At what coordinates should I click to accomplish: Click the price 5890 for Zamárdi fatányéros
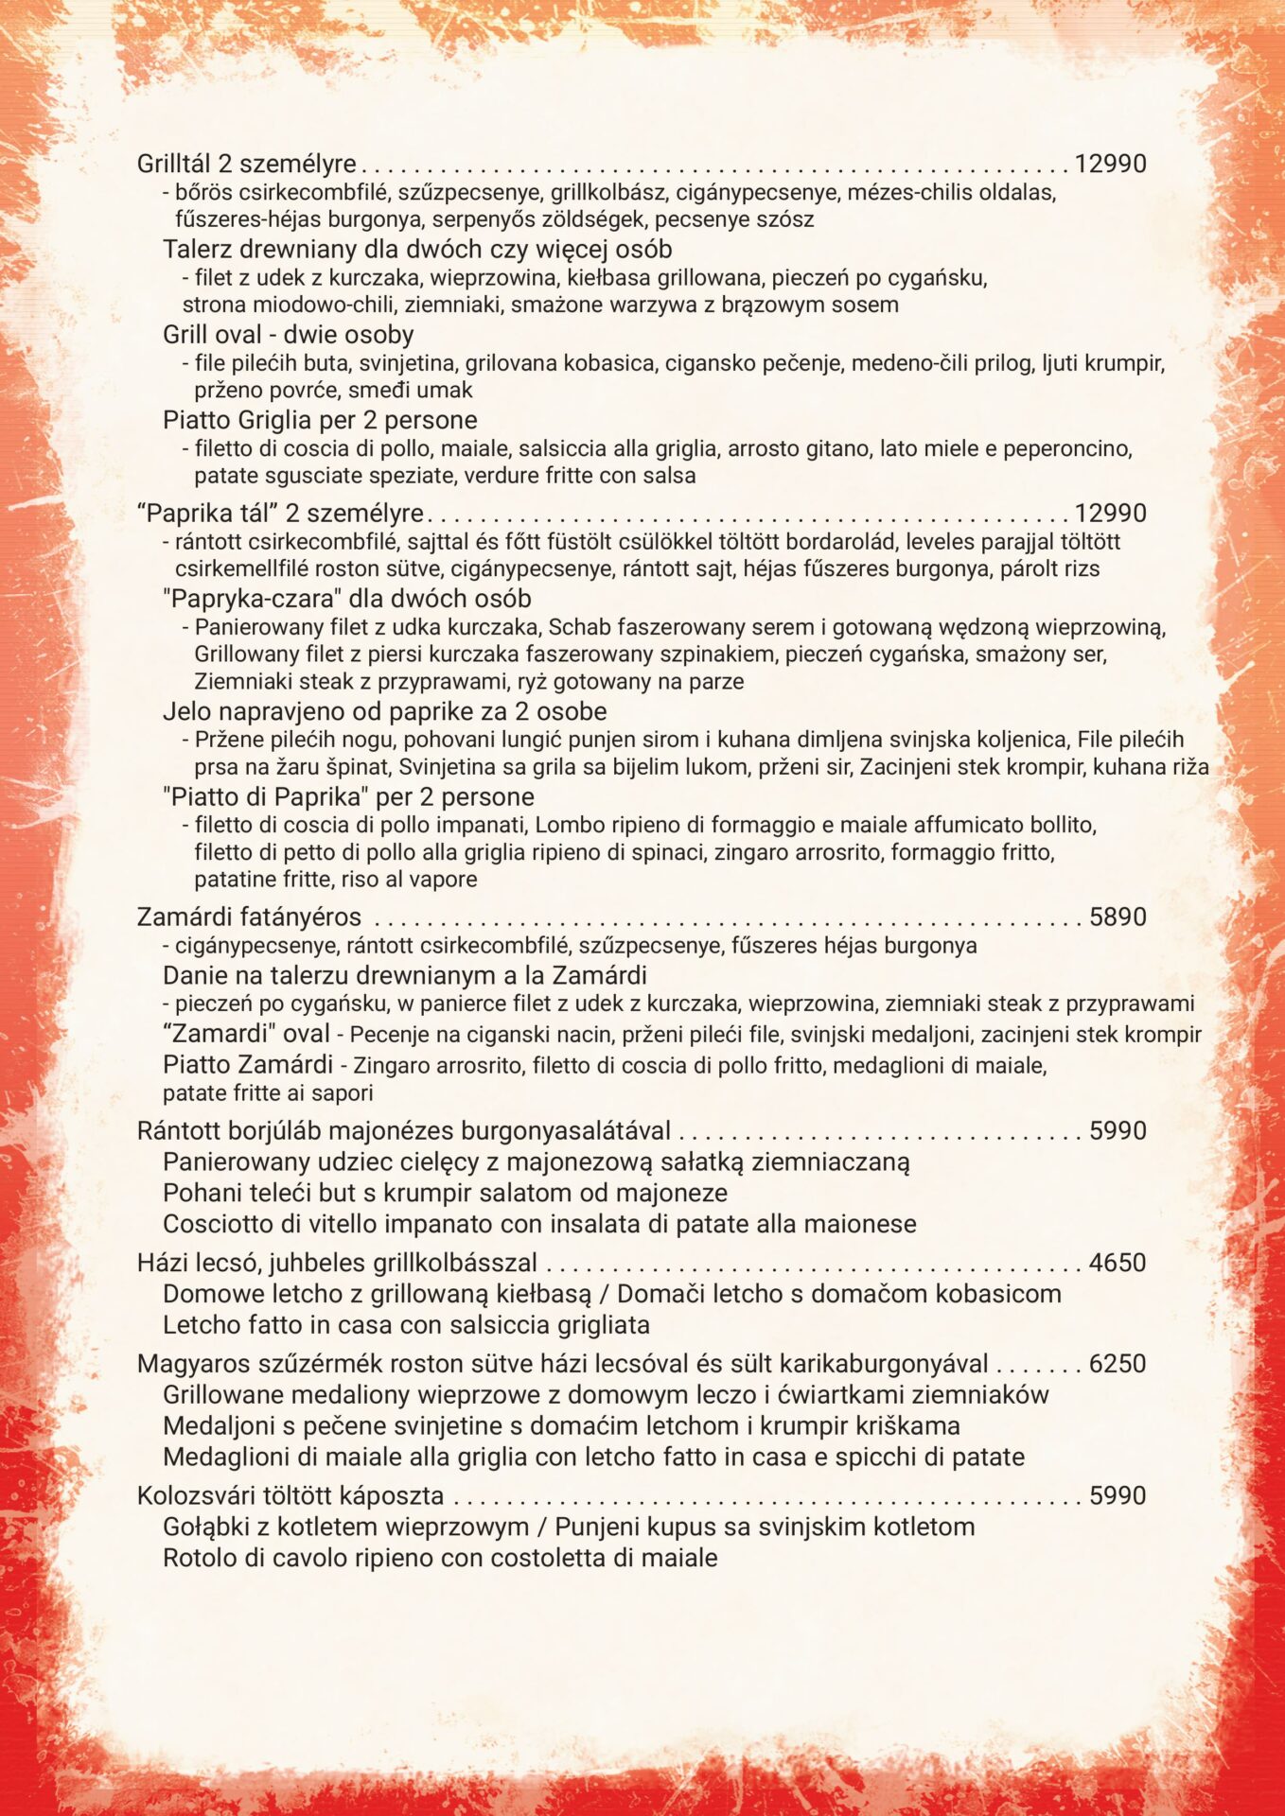[x=1118, y=917]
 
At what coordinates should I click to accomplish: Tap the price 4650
[x=1118, y=1263]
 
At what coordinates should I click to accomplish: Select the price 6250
[x=1118, y=1364]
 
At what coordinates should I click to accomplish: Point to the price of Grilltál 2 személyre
[x=1110, y=164]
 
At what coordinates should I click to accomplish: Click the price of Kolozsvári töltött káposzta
[x=1118, y=1495]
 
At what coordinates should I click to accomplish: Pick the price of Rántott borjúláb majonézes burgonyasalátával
[x=1118, y=1130]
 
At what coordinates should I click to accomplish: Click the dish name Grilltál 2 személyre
[x=247, y=164]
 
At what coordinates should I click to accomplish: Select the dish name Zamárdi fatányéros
[x=249, y=917]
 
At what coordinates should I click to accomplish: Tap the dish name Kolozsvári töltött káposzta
[x=290, y=1495]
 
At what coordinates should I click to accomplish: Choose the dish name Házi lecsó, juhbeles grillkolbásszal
[x=337, y=1263]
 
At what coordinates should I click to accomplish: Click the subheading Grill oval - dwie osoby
[x=288, y=335]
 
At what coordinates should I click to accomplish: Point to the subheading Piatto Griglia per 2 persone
[x=320, y=420]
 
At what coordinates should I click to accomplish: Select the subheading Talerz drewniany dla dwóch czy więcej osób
[x=417, y=250]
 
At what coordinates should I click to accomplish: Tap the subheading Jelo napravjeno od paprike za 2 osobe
[x=384, y=711]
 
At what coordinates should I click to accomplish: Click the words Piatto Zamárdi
[x=247, y=1064]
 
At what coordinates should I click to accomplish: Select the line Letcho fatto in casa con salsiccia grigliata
[x=406, y=1324]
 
